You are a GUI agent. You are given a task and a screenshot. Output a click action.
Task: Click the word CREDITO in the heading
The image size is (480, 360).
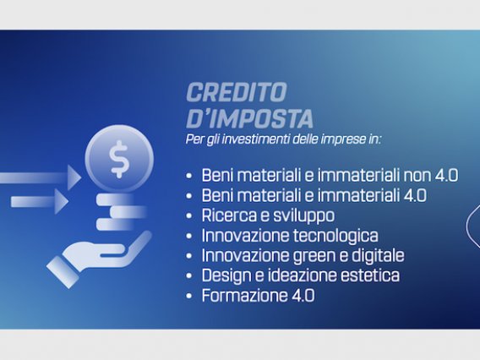pos(237,92)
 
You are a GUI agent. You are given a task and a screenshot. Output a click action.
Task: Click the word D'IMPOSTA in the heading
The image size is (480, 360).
pos(249,118)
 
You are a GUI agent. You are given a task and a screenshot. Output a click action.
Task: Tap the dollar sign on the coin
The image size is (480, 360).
pos(119,159)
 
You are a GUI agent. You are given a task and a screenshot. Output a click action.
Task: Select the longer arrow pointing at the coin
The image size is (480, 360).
pos(41,177)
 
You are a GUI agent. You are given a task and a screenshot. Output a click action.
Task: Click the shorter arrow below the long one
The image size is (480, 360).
pos(40,201)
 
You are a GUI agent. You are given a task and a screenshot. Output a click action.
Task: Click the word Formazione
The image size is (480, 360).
pos(243,296)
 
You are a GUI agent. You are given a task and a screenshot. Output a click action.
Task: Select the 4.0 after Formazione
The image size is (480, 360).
pos(301,296)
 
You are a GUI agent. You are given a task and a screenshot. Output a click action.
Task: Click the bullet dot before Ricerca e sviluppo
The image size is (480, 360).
pos(189,216)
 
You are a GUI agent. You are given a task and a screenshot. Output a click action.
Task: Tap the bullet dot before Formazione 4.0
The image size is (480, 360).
pos(189,296)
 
